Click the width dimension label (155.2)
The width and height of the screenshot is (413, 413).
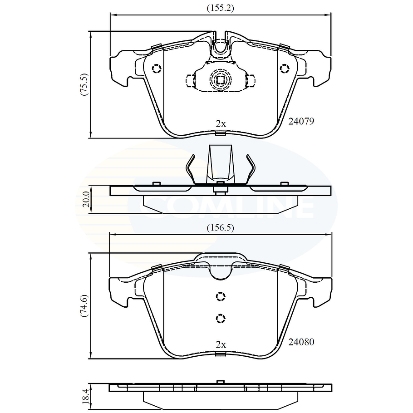pos(220,8)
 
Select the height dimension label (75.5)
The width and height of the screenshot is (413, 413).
pos(85,84)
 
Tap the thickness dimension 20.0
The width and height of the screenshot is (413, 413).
pos(87,199)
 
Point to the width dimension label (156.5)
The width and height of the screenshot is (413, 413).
pos(220,227)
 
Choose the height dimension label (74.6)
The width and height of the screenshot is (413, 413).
pos(85,306)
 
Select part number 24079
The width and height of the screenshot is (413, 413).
pos(301,122)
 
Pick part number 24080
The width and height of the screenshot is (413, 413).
pos(301,342)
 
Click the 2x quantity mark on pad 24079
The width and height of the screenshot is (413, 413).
pos(221,123)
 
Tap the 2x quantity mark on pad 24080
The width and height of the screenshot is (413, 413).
pos(221,344)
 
